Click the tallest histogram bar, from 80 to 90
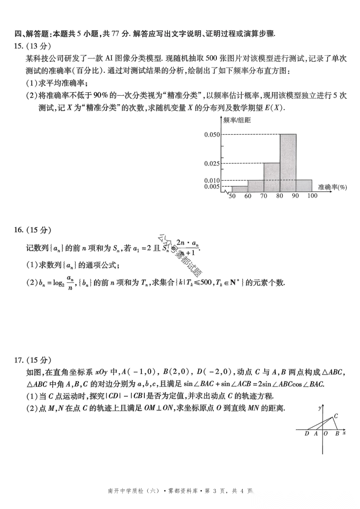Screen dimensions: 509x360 coord(288,163)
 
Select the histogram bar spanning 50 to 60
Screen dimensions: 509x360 coord(240,189)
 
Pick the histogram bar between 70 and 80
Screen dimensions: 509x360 coord(272,177)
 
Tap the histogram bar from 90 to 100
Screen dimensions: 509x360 coord(304,186)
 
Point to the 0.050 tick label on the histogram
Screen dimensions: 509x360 coord(212,135)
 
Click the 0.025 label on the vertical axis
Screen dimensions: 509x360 coord(212,163)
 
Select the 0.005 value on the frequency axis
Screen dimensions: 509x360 coord(212,187)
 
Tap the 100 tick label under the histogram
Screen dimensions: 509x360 coord(312,196)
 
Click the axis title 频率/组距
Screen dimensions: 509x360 coord(237,120)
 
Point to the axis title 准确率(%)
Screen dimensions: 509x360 coord(332,187)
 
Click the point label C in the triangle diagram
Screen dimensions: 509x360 coord(336,416)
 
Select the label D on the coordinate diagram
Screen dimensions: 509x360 coord(307,433)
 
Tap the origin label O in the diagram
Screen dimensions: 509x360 coord(326,433)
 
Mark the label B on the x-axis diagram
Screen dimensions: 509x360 coord(337,433)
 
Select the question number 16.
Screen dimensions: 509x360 coord(18,230)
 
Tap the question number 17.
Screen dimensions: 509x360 coord(18,360)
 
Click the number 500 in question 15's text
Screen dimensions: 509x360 coord(211,58)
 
